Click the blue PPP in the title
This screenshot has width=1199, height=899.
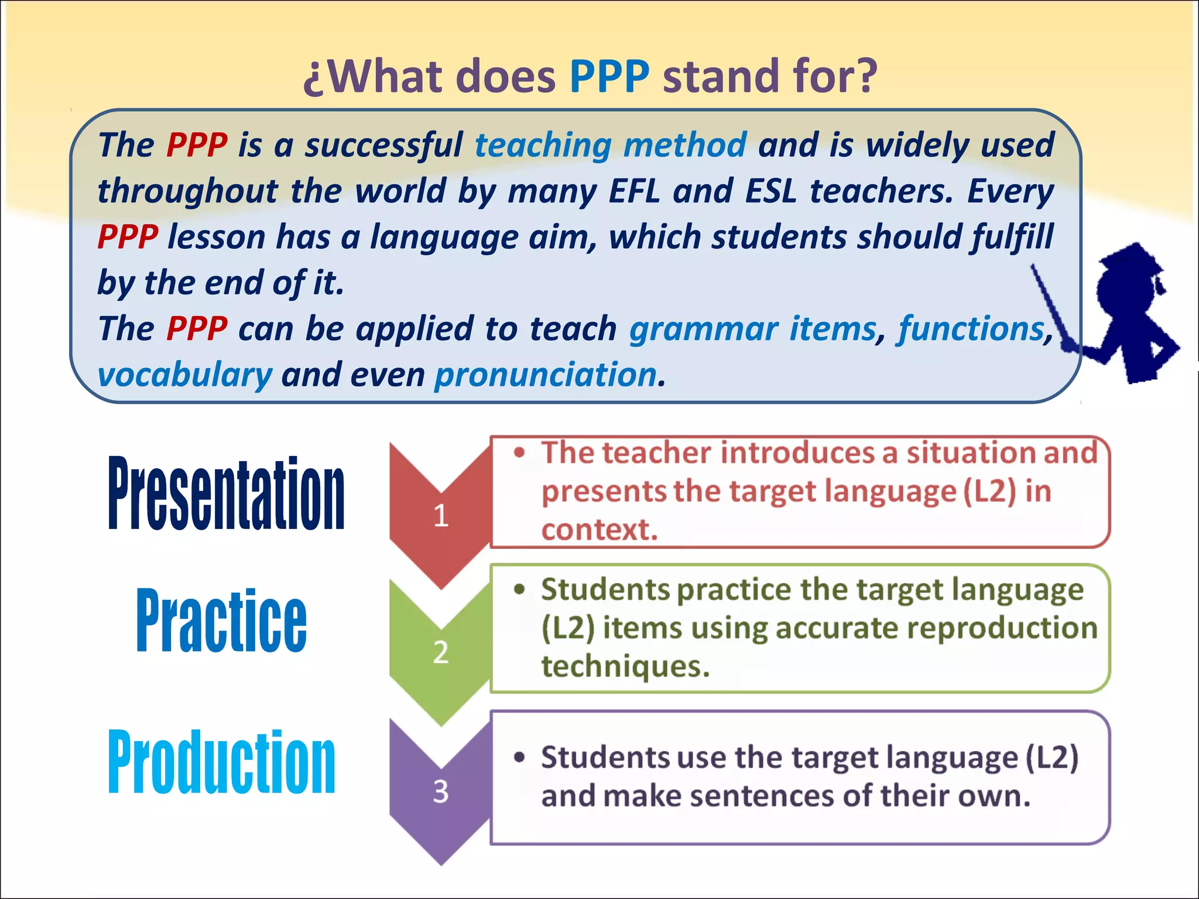(x=609, y=76)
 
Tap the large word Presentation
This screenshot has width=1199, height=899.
(x=226, y=493)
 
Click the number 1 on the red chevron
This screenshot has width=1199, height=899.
(x=441, y=516)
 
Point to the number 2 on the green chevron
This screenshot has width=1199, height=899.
(x=441, y=652)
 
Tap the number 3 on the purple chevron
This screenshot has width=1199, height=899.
(x=441, y=791)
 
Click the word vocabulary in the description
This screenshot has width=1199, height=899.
(x=184, y=375)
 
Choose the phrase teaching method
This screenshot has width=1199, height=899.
(x=611, y=145)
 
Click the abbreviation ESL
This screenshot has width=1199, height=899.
(x=771, y=191)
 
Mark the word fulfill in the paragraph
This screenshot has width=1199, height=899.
(x=1012, y=237)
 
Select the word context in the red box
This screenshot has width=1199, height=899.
(x=599, y=530)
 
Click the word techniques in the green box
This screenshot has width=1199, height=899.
(x=625, y=666)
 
